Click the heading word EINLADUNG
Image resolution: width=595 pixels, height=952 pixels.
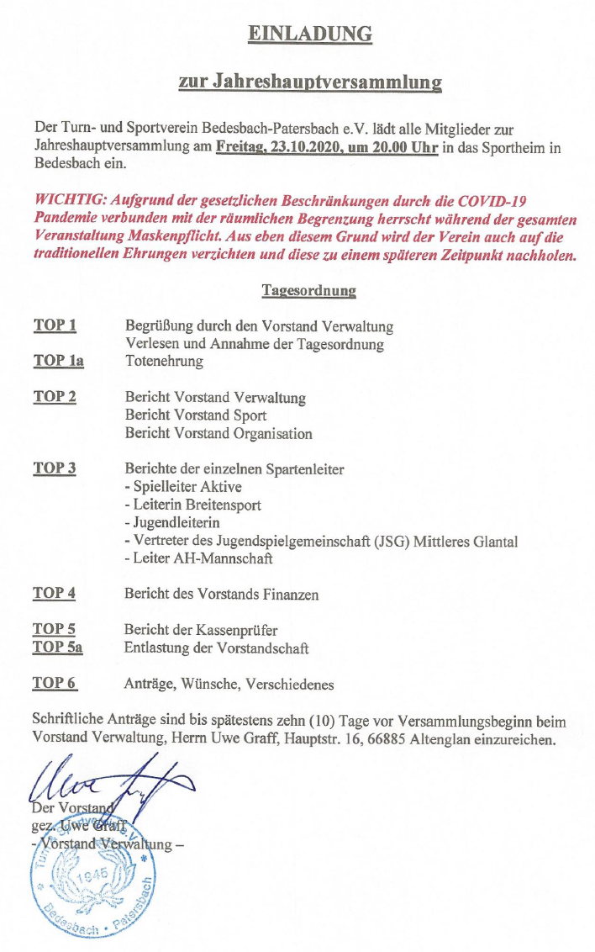click(309, 34)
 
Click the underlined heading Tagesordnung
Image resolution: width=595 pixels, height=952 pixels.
click(308, 291)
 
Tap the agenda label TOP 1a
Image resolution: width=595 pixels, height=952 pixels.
click(58, 361)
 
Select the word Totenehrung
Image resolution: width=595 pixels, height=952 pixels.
click(164, 362)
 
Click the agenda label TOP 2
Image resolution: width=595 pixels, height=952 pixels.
click(55, 397)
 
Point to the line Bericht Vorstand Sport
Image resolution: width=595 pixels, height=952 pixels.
click(196, 415)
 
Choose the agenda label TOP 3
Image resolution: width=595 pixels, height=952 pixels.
click(55, 468)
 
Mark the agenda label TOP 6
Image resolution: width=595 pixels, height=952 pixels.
click(55, 683)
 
